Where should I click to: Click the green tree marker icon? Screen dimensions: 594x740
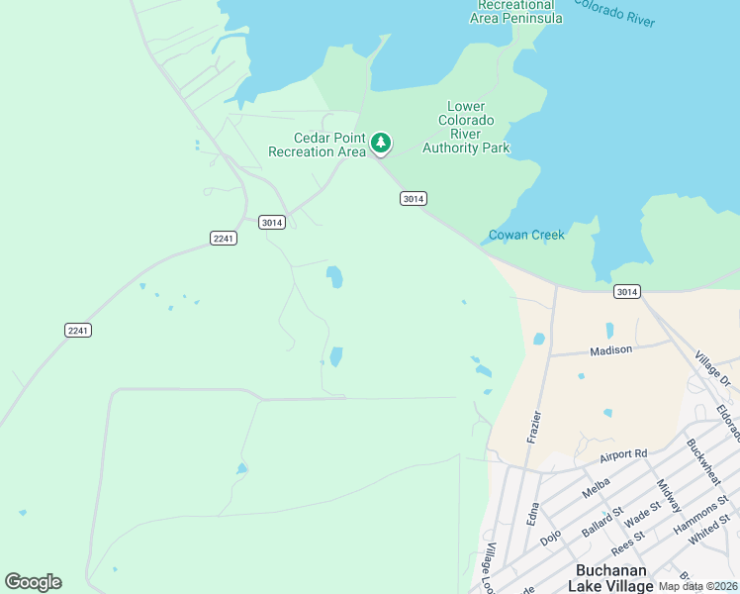point(381,144)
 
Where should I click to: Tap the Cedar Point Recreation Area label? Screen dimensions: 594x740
point(317,145)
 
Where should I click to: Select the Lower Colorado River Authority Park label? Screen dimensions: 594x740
point(465,128)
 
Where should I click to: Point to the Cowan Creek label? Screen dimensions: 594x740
point(526,236)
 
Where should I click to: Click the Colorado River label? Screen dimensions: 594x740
point(613,15)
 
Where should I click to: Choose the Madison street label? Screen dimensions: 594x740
point(610,350)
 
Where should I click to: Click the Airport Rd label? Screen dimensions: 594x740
point(622,454)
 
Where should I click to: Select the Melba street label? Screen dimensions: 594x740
point(596,488)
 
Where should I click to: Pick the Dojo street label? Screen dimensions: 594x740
point(550,535)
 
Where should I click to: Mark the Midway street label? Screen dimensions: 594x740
point(669,495)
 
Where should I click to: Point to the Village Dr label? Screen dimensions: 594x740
point(711,369)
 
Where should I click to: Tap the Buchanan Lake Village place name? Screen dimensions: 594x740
point(612,578)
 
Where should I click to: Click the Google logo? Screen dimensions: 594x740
point(33,582)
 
